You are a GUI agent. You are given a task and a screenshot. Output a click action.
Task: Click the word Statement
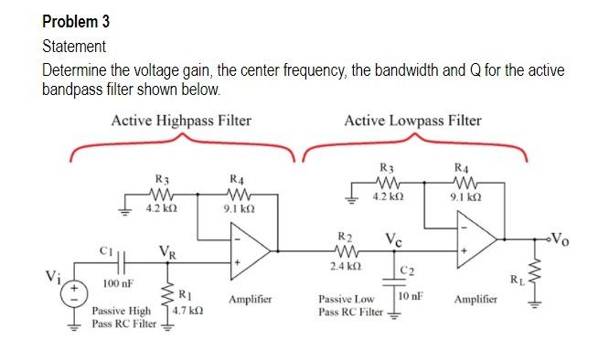74,46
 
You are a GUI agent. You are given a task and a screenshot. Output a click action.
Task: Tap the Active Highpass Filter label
181,121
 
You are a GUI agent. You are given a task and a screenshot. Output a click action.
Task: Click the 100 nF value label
120,285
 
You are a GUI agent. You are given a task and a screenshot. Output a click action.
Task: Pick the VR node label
168,251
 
